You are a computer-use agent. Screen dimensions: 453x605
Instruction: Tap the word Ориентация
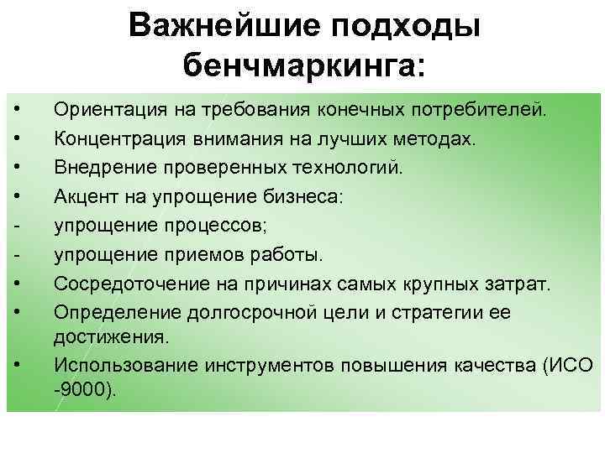click(x=104, y=109)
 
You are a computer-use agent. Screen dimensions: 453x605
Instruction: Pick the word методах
click(x=438, y=138)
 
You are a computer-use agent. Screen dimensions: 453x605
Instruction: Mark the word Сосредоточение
click(x=122, y=284)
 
